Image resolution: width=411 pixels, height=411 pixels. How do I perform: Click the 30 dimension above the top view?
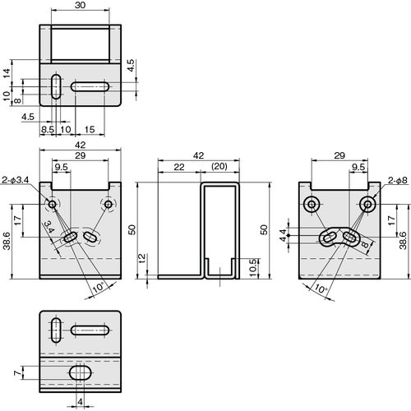point(80,5)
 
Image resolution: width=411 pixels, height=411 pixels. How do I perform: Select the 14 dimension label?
point(7,72)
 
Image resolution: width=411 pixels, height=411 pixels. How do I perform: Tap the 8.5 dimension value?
point(48,129)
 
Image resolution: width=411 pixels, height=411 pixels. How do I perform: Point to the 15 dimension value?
point(90,129)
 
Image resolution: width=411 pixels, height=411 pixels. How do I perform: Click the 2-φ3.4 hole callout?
point(16,180)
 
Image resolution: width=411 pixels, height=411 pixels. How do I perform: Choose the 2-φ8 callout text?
point(398,180)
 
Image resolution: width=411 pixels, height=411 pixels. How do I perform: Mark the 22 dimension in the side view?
point(179,167)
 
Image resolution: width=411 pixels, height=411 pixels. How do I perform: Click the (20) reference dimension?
point(219,166)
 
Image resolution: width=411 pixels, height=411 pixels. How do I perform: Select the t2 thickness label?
point(142,258)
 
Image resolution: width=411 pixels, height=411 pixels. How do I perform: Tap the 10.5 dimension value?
point(253,267)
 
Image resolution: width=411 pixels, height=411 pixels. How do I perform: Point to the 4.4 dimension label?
point(283,235)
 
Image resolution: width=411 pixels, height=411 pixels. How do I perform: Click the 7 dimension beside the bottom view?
point(18,373)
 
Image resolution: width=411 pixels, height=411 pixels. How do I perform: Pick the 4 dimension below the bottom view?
point(80,402)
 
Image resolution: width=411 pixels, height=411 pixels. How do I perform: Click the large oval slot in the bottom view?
point(81,372)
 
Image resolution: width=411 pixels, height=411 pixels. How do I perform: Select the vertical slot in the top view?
point(56,86)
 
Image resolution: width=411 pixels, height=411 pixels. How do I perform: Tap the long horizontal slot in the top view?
point(90,86)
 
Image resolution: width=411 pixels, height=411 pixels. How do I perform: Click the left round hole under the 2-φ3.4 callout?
point(52,204)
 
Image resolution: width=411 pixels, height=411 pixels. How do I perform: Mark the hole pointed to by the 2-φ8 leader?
point(367,205)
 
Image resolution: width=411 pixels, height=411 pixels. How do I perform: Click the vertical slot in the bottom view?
point(56,330)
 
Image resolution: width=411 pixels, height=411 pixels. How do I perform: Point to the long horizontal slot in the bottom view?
point(90,330)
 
